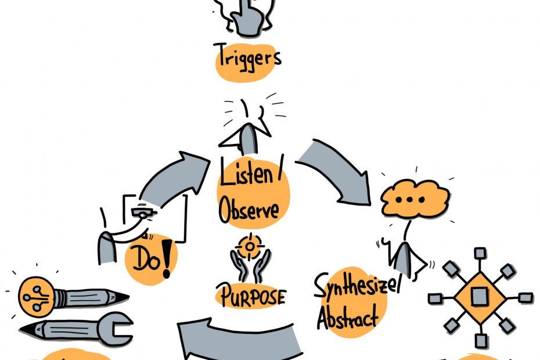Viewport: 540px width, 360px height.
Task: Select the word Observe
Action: (x=249, y=209)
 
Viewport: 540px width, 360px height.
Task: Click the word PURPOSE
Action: (x=251, y=296)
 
